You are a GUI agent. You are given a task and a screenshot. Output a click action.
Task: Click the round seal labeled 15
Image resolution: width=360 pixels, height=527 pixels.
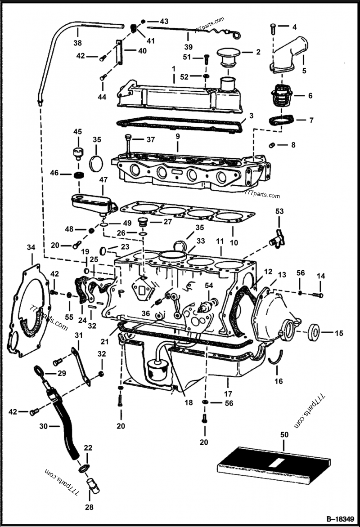point(314,333)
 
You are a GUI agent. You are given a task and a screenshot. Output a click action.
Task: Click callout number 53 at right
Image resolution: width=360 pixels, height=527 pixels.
point(279,211)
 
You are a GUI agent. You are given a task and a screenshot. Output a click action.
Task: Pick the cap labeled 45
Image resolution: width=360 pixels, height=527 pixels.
point(78,151)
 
